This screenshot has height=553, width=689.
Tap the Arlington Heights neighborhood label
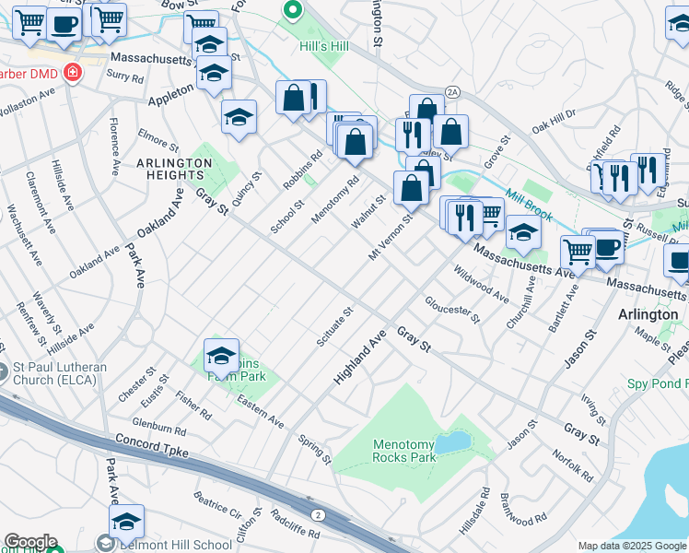click(169, 169)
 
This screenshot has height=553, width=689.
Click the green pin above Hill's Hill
click(293, 12)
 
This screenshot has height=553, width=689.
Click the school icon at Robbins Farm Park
click(221, 355)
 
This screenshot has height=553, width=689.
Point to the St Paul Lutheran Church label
click(57, 373)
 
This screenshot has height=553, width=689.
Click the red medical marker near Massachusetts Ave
click(72, 73)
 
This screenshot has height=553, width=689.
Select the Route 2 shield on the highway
click(318, 513)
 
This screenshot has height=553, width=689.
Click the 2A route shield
click(451, 92)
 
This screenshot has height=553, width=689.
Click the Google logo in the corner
click(29, 542)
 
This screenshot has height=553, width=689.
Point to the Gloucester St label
click(452, 309)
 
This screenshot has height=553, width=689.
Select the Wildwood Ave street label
click(481, 285)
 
